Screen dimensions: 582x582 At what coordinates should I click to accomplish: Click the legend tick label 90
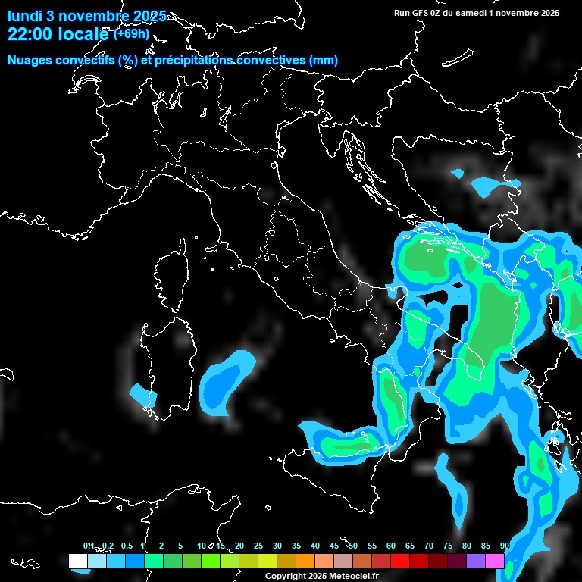pyautogui.click(x=505, y=546)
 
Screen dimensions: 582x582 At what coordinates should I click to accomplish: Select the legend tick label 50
pyautogui.click(x=353, y=546)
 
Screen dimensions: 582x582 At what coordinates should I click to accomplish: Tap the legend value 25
pyautogui.click(x=258, y=546)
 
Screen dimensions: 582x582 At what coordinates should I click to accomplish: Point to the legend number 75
pyautogui.click(x=448, y=546)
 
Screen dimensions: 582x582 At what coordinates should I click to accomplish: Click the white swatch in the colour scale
pyautogui.click(x=77, y=561)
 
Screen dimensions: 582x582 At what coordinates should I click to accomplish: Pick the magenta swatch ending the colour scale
pyautogui.click(x=495, y=561)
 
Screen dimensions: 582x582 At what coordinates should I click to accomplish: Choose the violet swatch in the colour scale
pyautogui.click(x=476, y=561)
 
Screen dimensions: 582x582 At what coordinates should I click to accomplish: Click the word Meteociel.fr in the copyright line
pyautogui.click(x=358, y=577)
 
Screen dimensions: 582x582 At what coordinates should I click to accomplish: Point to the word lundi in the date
pyautogui.click(x=25, y=16)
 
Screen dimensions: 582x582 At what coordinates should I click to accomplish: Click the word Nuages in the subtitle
pyautogui.click(x=28, y=60)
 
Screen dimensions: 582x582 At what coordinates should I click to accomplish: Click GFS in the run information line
pyautogui.click(x=419, y=12)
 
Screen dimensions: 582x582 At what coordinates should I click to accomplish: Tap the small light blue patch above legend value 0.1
pyautogui.click(x=83, y=569)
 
